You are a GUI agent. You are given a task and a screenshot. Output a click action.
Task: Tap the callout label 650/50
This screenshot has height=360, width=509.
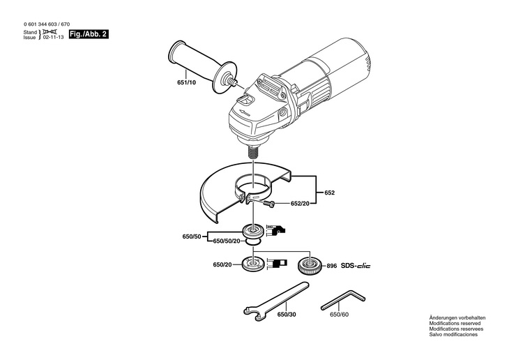tap(191, 237)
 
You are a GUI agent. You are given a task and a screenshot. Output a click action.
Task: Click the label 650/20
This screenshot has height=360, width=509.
tap(222, 265)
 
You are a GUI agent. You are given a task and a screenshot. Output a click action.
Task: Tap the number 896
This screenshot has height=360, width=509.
tap(331, 266)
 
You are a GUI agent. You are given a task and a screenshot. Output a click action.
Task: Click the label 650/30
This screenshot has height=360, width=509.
tap(287, 315)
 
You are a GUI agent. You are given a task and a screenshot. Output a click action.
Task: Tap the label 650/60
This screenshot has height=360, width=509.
tap(339, 315)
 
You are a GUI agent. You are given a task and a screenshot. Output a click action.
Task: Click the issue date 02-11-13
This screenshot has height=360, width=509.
tap(54, 38)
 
